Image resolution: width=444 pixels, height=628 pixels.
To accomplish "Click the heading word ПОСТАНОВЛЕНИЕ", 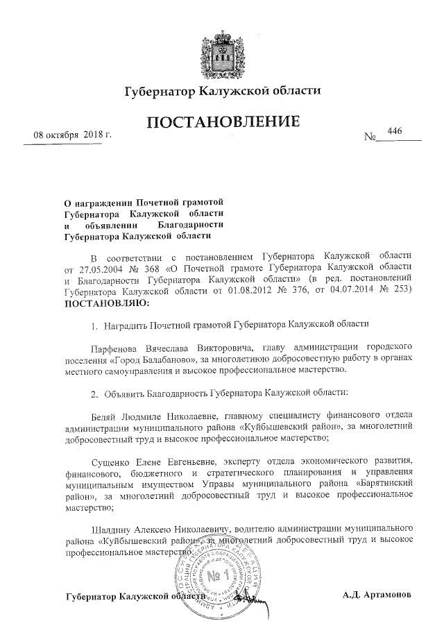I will pos(223,124).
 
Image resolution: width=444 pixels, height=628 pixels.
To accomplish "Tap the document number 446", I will pos(396,131).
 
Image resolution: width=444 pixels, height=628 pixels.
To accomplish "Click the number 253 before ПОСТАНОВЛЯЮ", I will pos(404,291).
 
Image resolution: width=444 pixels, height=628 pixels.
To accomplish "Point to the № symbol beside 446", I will pos(370,137).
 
